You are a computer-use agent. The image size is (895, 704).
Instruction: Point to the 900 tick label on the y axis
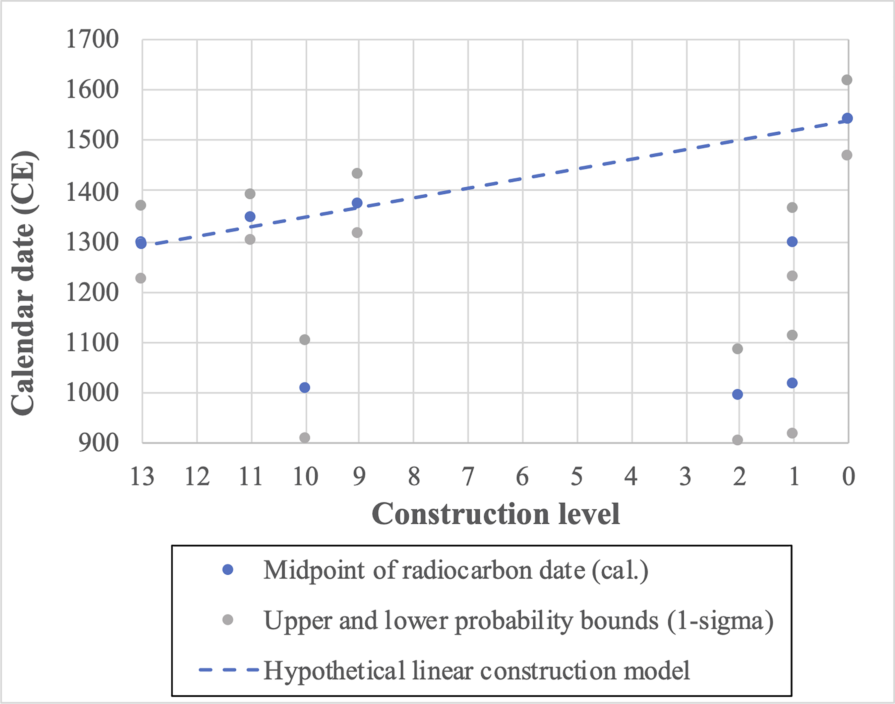pyautogui.click(x=98, y=443)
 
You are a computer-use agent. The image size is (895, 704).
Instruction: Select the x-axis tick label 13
pyautogui.click(x=142, y=477)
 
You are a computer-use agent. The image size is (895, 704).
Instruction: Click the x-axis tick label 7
pyautogui.click(x=468, y=477)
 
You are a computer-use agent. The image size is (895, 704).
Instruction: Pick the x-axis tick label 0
pyautogui.click(x=848, y=477)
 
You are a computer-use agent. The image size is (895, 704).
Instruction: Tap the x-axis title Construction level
pyautogui.click(x=495, y=514)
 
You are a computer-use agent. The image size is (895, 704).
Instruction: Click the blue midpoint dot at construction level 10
pyautogui.click(x=305, y=387)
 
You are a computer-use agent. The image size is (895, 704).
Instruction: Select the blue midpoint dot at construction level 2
pyautogui.click(x=738, y=395)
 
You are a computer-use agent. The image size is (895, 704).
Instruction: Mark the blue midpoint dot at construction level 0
pyautogui.click(x=847, y=119)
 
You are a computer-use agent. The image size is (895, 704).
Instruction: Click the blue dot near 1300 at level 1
pyautogui.click(x=792, y=241)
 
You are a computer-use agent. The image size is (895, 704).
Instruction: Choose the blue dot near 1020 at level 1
pyautogui.click(x=792, y=383)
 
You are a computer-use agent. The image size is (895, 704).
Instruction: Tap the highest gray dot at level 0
pyautogui.click(x=847, y=80)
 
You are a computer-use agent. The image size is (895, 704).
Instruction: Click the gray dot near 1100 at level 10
pyautogui.click(x=305, y=340)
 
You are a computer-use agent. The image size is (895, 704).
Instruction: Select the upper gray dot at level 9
pyautogui.click(x=357, y=173)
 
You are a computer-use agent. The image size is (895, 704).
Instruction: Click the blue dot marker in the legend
pyautogui.click(x=227, y=570)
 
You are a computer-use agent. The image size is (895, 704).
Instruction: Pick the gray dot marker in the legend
pyautogui.click(x=227, y=619)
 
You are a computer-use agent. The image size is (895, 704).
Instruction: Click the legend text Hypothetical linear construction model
pyautogui.click(x=476, y=670)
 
